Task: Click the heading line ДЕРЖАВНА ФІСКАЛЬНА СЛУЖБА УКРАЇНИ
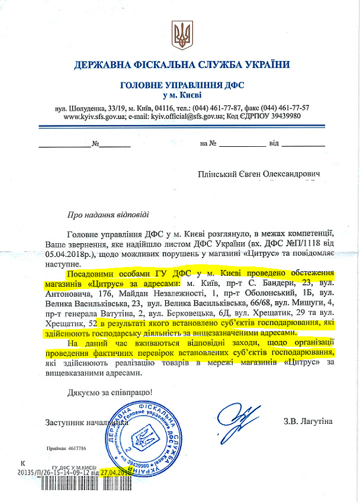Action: click(182, 65)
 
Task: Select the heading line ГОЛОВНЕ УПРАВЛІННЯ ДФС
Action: click(182, 85)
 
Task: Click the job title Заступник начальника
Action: click(83, 422)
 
